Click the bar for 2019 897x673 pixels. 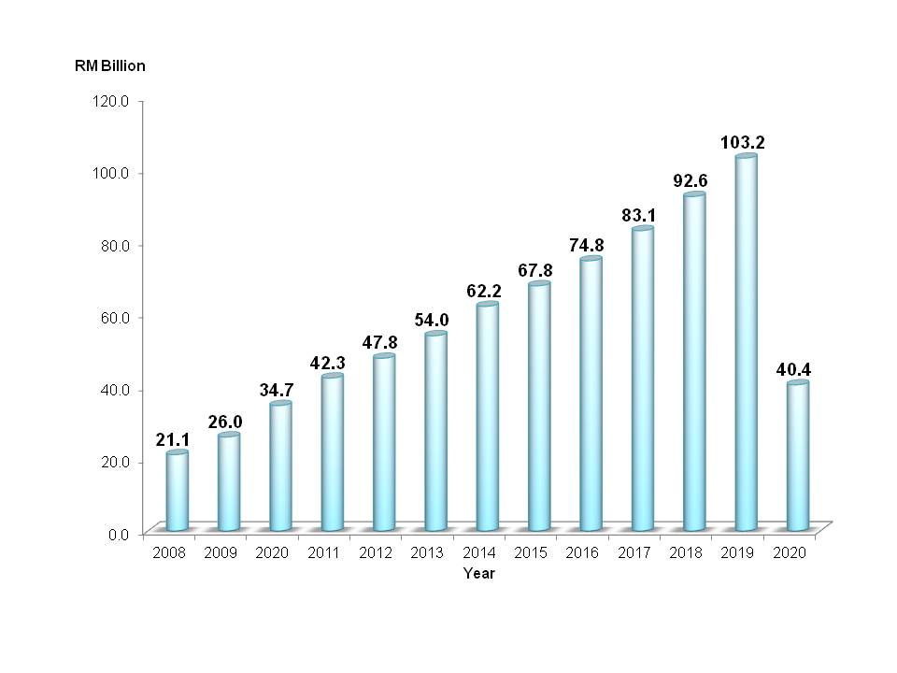746,344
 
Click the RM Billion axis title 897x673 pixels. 110,66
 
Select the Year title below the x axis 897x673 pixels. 479,574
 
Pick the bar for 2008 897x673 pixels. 177,492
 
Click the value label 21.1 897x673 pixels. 174,439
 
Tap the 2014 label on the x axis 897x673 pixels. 479,553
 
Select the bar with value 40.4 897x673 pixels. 797,457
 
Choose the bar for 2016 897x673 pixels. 591,394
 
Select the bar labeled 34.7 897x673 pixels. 280,467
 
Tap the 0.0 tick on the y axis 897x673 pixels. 128,534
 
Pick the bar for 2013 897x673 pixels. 435,432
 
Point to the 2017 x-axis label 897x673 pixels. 634,553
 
